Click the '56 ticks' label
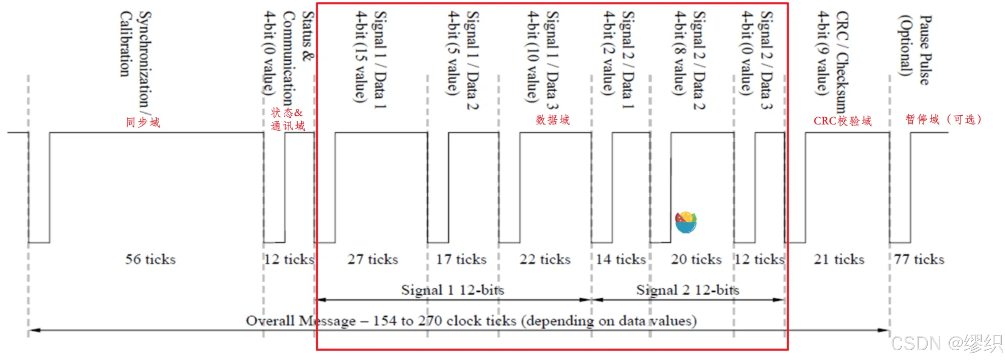pyautogui.click(x=150, y=259)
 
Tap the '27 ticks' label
pyautogui.click(x=373, y=259)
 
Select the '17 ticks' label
pyautogui.click(x=461, y=259)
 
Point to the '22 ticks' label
pyautogui.click(x=545, y=259)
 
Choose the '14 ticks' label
pyautogui.click(x=621, y=259)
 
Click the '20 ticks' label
pyautogui.click(x=696, y=259)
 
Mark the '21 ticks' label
pyautogui.click(x=839, y=259)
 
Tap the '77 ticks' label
pyautogui.click(x=919, y=259)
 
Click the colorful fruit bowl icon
pyautogui.click(x=686, y=222)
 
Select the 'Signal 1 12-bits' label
pyautogui.click(x=452, y=290)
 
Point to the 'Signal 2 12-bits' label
pyautogui.click(x=687, y=290)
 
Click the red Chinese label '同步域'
pyautogui.click(x=143, y=122)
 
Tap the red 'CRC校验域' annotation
pyautogui.click(x=842, y=121)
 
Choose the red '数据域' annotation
pyautogui.click(x=553, y=120)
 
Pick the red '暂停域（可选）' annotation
pyautogui.click(x=943, y=119)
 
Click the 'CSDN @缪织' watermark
pyautogui.click(x=947, y=343)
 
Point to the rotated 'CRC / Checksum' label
pyautogui.click(x=841, y=62)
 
